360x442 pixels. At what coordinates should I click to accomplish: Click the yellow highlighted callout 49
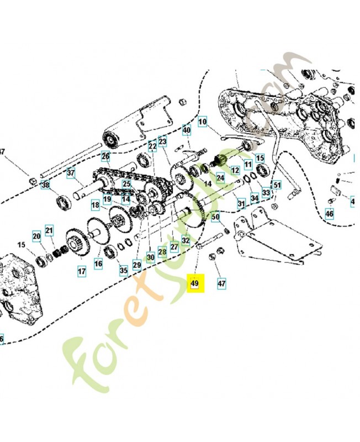pos(194,283)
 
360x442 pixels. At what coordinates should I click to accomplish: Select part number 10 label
pos(202,122)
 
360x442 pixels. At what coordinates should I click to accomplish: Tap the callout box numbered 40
pos(187,130)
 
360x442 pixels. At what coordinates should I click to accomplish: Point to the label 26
pos(105,157)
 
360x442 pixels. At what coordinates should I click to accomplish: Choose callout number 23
pos(162,141)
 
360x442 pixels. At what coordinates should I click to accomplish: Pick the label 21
pos(49,230)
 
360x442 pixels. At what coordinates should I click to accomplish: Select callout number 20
pos(36,236)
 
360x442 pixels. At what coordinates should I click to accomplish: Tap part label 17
pos(82,271)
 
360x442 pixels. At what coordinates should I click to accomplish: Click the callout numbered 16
pos(98,265)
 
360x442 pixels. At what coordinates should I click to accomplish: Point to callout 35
pos(123,270)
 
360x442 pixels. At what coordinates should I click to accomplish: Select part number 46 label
pos(330,213)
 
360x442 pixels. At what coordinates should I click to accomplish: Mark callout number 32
pos(186,240)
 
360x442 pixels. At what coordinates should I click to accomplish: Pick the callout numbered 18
pos(96,205)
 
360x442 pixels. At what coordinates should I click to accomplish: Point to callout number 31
pos(241,204)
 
